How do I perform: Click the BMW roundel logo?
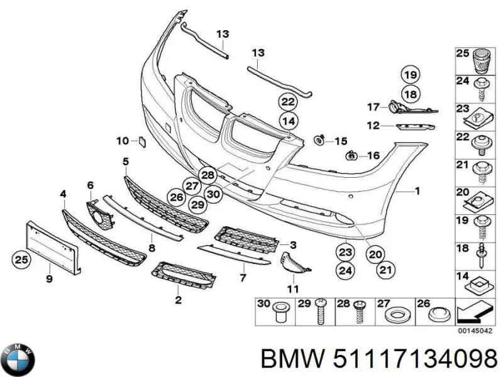click(x=18, y=359)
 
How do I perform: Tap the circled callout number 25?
click(x=21, y=259)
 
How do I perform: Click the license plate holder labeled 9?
click(x=53, y=247)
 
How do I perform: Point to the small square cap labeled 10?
click(x=142, y=141)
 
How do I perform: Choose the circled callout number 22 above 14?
click(x=288, y=102)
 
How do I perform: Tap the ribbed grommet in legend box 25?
click(x=482, y=62)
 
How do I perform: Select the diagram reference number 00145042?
click(x=475, y=331)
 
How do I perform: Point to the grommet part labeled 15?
click(x=319, y=140)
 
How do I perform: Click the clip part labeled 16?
click(x=351, y=156)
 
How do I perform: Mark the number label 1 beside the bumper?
click(x=417, y=192)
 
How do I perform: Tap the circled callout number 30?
click(x=213, y=194)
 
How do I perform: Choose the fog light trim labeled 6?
click(x=100, y=214)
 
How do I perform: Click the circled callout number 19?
click(x=411, y=75)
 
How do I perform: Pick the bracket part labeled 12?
click(x=416, y=127)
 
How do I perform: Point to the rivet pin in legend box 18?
click(x=481, y=256)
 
